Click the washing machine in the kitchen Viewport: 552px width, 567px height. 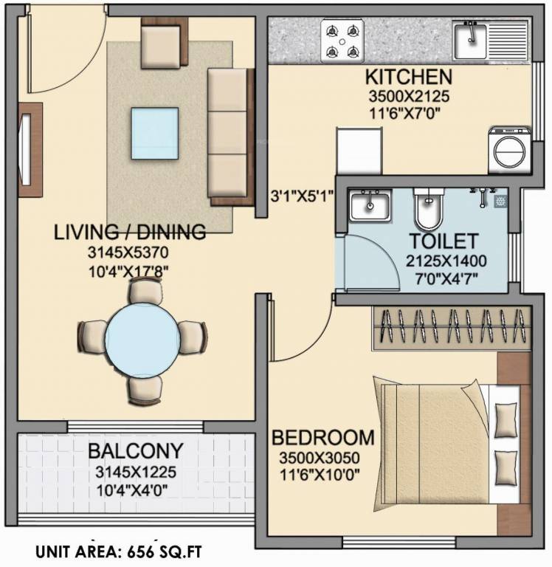[508, 150]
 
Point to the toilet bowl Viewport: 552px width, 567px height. [426, 210]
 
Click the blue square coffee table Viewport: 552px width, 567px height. [155, 133]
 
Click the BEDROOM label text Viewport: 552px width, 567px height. [323, 437]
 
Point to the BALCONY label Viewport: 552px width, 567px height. [134, 451]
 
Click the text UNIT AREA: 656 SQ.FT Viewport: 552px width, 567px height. [119, 551]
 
